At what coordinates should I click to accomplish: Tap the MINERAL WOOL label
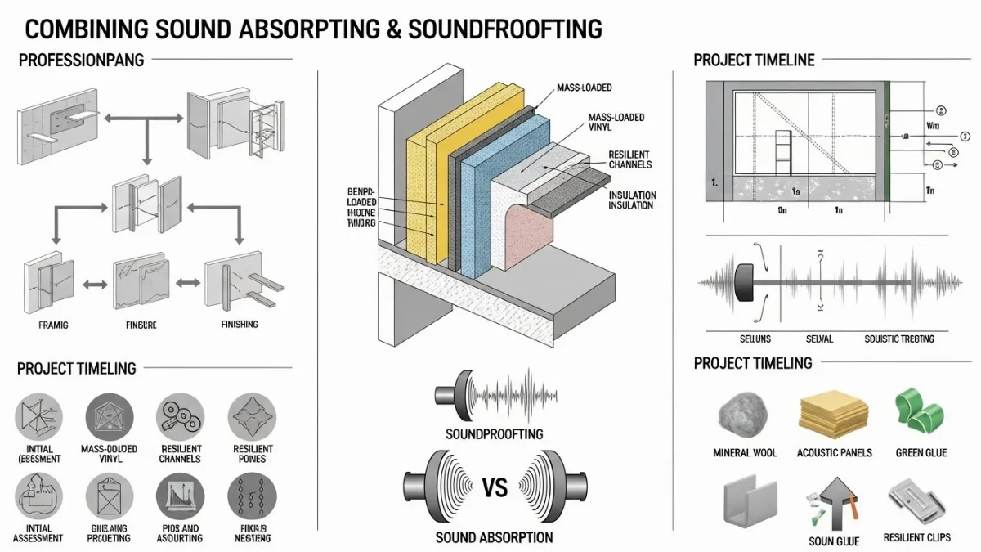745,452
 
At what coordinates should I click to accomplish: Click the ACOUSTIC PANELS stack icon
832,414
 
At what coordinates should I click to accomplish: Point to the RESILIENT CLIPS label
916,537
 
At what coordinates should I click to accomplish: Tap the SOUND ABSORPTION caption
493,537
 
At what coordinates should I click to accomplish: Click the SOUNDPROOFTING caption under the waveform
493,433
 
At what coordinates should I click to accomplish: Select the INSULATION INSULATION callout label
630,200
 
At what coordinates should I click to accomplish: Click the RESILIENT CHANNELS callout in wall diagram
629,159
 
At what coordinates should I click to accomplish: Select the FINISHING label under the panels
239,325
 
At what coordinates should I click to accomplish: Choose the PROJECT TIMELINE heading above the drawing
754,60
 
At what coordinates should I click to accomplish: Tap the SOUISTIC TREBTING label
898,339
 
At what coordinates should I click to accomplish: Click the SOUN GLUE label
832,541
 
